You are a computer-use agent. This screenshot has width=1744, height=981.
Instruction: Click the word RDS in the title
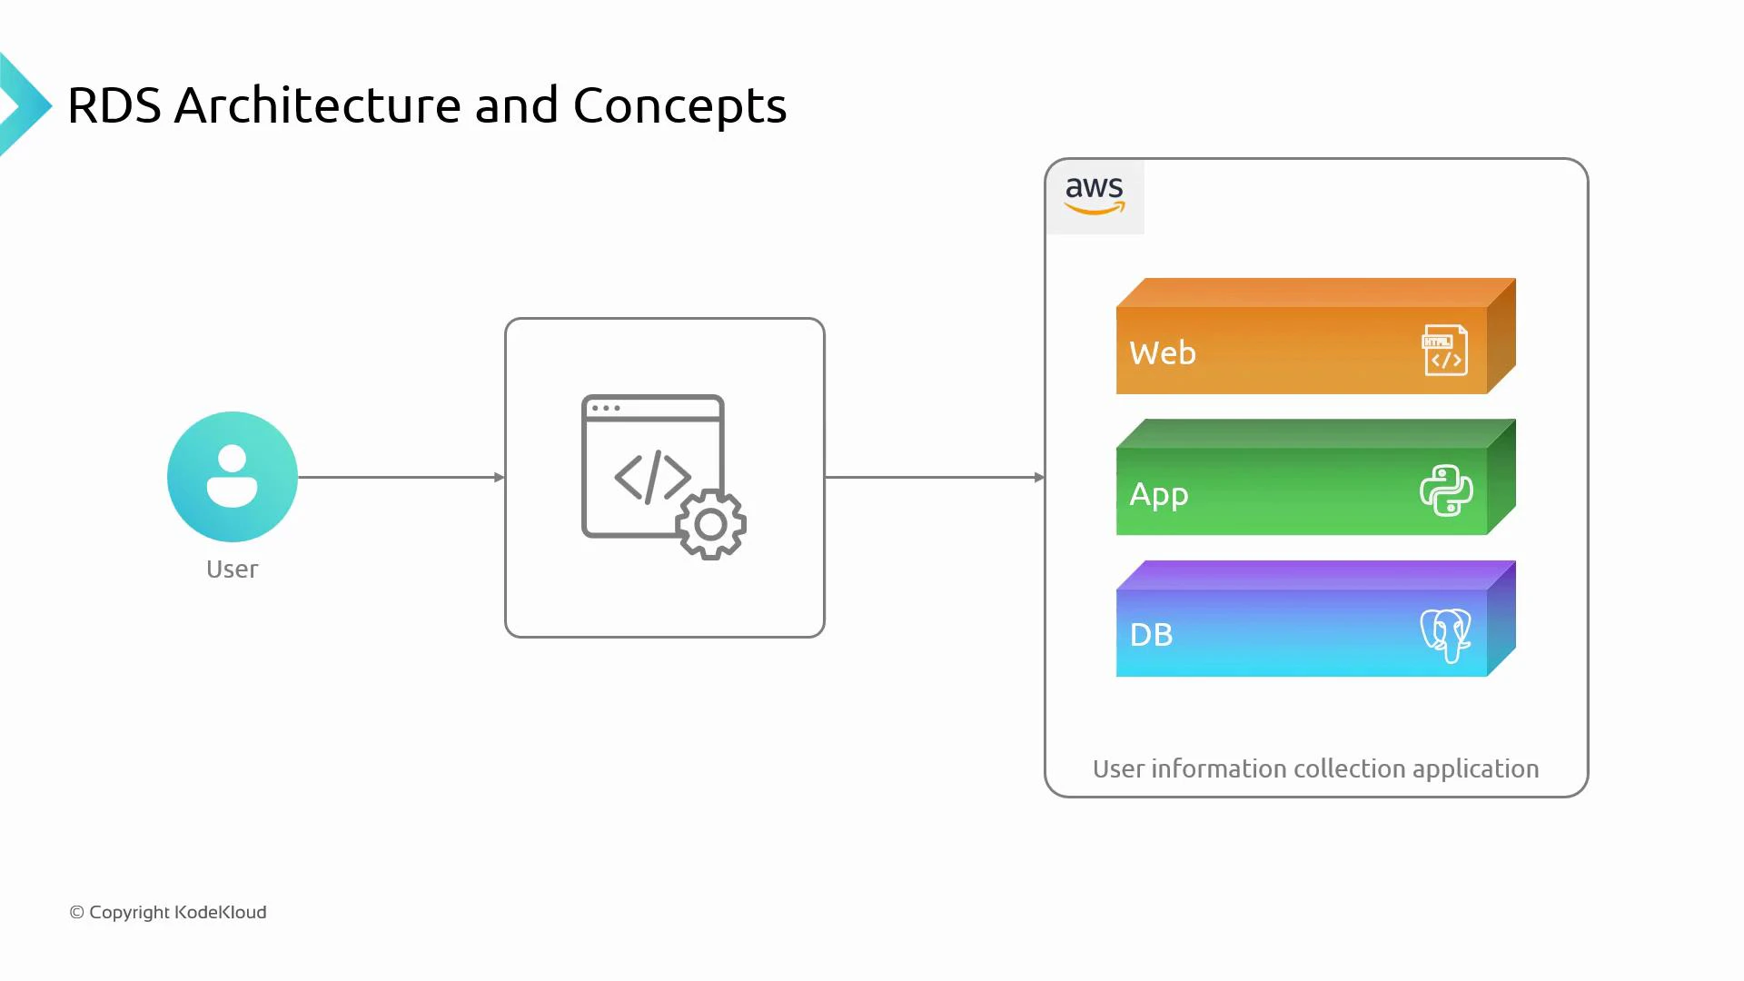[x=114, y=105]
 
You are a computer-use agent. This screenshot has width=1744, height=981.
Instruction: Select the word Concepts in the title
[x=679, y=105]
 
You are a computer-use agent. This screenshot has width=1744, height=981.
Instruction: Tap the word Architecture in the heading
[x=317, y=105]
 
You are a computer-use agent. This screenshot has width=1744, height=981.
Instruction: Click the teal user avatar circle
[x=233, y=477]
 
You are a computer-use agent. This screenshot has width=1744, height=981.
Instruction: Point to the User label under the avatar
[x=232, y=570]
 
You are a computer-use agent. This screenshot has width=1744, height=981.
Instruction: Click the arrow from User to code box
[x=400, y=477]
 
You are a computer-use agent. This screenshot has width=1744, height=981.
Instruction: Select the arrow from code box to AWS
[x=934, y=477]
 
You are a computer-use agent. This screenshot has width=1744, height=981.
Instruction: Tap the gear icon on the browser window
[x=711, y=524]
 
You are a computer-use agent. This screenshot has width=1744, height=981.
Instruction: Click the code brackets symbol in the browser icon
[x=653, y=477]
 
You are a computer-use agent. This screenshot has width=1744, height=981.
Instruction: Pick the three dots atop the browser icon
[x=606, y=408]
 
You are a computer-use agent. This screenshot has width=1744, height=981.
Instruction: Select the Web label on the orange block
[x=1163, y=352]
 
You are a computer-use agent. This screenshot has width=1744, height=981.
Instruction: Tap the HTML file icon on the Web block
[x=1444, y=350]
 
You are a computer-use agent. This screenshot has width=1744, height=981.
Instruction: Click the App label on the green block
[x=1158, y=494]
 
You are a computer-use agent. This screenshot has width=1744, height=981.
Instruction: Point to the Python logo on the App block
[x=1446, y=490]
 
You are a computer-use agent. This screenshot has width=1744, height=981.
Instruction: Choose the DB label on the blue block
[x=1151, y=634]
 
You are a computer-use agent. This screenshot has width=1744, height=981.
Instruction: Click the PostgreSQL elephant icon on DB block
[x=1445, y=634]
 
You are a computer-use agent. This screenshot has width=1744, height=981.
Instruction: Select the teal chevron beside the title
[x=24, y=105]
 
